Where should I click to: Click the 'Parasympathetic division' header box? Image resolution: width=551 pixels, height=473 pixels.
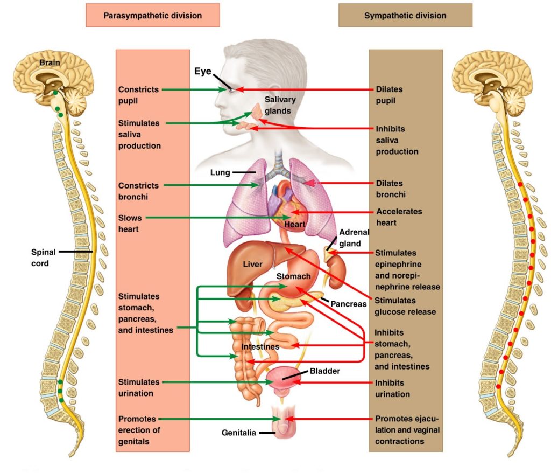[x=152, y=15]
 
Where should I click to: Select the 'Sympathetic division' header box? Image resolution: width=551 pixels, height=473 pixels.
[x=405, y=15]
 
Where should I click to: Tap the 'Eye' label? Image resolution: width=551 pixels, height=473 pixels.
[x=203, y=71]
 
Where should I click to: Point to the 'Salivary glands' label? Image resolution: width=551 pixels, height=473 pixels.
[x=280, y=105]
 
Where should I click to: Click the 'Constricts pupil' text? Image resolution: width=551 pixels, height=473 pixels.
[x=138, y=95]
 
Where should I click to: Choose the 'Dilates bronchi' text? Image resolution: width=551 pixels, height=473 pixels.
[x=390, y=189]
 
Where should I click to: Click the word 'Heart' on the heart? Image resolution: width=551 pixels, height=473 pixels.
[x=295, y=224]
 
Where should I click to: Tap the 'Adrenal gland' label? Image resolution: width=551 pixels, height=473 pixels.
[x=354, y=238]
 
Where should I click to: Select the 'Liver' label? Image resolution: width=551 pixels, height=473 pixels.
[x=252, y=265]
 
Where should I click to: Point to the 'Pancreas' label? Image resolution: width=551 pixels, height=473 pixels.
[x=348, y=304]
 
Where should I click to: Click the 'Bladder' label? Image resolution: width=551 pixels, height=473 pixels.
[x=325, y=371]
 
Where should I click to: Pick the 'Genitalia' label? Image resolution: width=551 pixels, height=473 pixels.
[x=237, y=432]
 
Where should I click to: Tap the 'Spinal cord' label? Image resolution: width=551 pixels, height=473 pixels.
[x=40, y=258]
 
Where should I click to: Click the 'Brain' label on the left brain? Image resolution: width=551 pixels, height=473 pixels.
[x=50, y=63]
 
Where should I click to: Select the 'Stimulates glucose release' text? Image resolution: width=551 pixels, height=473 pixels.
[x=405, y=306]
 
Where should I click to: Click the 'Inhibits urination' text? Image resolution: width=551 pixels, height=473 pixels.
[x=392, y=388]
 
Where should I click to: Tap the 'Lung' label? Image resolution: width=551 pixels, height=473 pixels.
[x=220, y=173]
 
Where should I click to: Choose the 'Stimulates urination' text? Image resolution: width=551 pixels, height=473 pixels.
[x=139, y=387]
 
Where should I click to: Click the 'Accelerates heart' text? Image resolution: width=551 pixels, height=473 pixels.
[x=399, y=217]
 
